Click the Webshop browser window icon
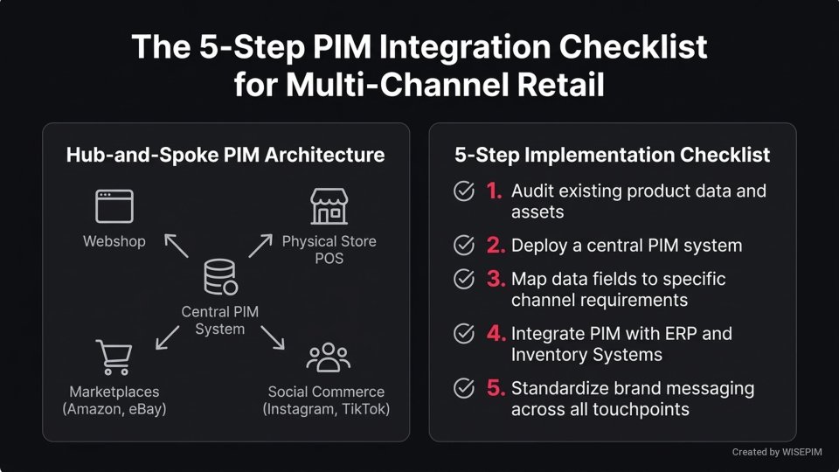114,206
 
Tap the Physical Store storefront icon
329,206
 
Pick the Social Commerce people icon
329,357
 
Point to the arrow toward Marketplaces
167,337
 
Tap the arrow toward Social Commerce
272,337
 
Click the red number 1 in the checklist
496,191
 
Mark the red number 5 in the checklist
496,389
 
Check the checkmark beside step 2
463,246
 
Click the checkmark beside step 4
463,334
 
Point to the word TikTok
364,409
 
